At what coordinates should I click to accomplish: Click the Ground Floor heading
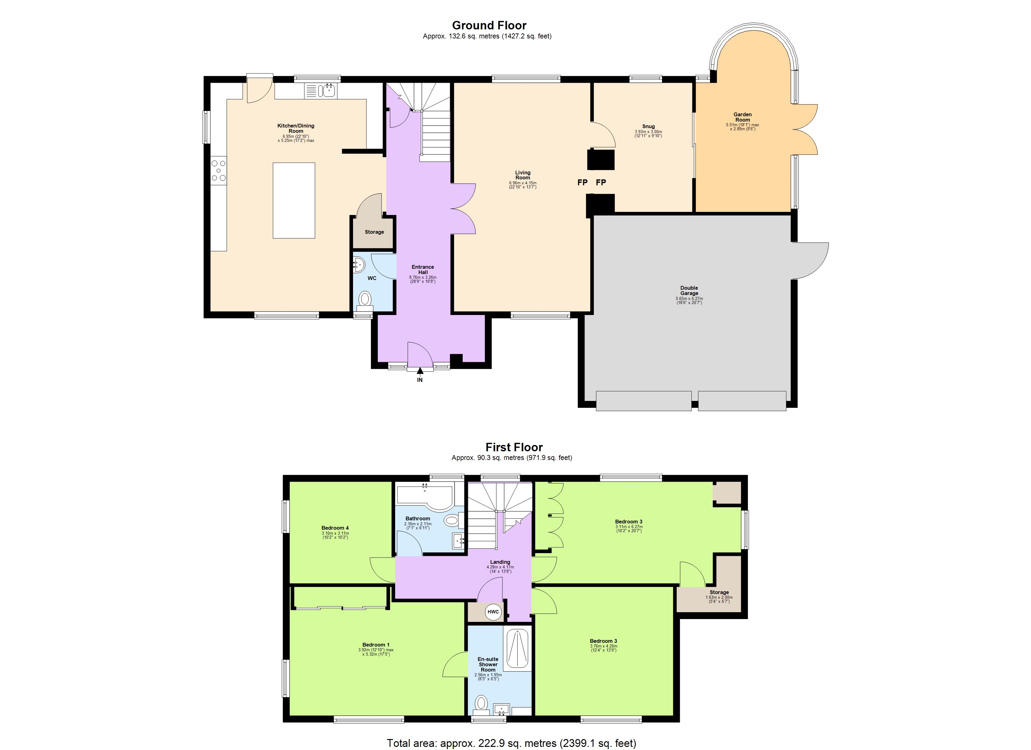tap(489, 26)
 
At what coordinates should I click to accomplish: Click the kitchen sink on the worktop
tap(326, 91)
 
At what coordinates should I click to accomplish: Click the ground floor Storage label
tap(374, 232)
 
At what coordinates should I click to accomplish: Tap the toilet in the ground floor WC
tap(365, 299)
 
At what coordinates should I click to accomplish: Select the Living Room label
tap(522, 175)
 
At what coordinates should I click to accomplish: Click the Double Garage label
tap(689, 291)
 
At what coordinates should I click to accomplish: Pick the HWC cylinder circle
tap(493, 612)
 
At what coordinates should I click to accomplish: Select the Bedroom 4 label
tap(335, 528)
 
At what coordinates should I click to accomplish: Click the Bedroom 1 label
tap(376, 645)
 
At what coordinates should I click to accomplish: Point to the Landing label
tap(500, 562)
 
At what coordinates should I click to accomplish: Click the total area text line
tap(511, 743)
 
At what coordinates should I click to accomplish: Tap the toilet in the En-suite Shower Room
tap(481, 704)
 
